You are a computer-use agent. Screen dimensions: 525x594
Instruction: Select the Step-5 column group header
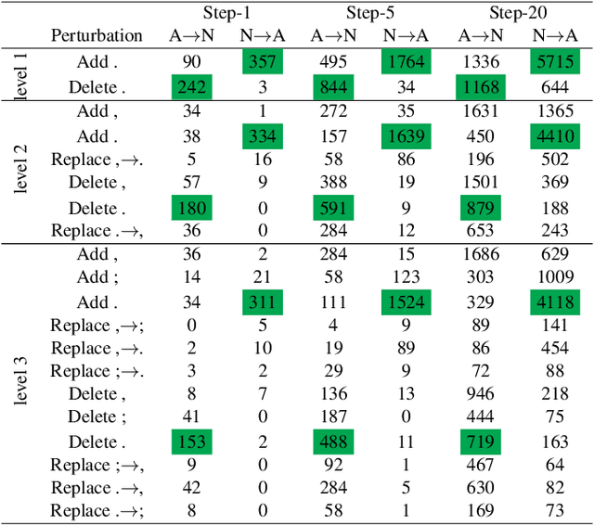click(371, 12)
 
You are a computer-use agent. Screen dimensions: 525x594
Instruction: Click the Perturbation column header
click(97, 36)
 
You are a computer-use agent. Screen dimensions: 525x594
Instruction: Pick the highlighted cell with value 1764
click(406, 61)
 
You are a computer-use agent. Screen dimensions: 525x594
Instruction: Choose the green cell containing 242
click(190, 87)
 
